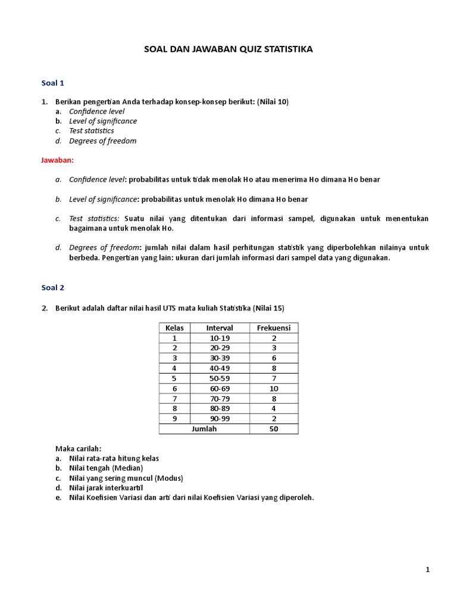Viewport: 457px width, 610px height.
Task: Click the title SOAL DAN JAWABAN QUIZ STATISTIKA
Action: click(x=228, y=49)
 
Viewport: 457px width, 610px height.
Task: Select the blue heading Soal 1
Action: click(x=53, y=83)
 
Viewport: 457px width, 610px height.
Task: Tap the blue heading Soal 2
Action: click(x=53, y=288)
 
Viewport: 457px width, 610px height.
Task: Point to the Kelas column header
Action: click(x=174, y=328)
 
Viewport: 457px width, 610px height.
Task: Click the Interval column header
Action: click(x=220, y=328)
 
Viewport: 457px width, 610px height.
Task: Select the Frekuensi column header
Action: click(x=274, y=328)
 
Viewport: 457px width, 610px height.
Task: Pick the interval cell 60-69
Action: click(x=220, y=388)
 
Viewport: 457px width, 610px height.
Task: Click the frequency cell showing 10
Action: click(x=274, y=388)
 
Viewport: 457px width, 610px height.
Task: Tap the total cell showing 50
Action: click(x=274, y=429)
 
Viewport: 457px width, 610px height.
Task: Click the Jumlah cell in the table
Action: click(x=204, y=429)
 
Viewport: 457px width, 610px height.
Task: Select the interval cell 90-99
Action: click(x=220, y=419)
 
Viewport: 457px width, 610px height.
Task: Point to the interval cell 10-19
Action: click(x=220, y=338)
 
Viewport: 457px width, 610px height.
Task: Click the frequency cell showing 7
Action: click(x=274, y=378)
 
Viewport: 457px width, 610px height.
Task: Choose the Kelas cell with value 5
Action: click(x=174, y=378)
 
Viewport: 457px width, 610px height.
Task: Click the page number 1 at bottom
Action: click(x=427, y=569)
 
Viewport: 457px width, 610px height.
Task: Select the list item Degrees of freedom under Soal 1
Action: click(x=102, y=141)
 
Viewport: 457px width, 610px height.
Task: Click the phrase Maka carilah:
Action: click(x=78, y=448)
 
